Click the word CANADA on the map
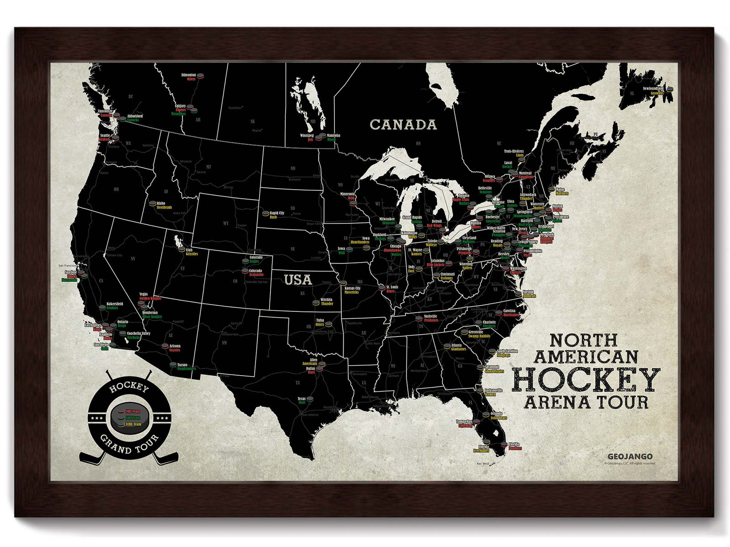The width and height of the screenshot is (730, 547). point(403,124)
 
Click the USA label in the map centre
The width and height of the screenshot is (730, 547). point(298,279)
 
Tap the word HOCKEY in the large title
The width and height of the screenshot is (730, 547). point(586,380)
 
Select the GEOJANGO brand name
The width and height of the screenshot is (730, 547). point(630,456)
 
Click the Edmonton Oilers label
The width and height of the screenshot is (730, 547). point(189,77)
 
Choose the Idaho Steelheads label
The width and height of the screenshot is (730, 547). point(163,205)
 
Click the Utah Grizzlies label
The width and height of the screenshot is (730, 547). point(191,252)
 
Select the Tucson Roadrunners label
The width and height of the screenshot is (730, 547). point(184,366)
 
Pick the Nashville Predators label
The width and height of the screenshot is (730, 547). point(430,318)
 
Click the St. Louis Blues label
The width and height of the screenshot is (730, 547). point(391,289)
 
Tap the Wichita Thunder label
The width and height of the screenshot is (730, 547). point(327,301)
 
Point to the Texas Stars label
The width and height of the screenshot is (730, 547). point(302,401)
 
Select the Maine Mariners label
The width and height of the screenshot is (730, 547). point(561,191)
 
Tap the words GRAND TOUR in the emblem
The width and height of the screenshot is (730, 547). point(129,444)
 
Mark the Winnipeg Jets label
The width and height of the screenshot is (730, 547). point(307,138)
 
